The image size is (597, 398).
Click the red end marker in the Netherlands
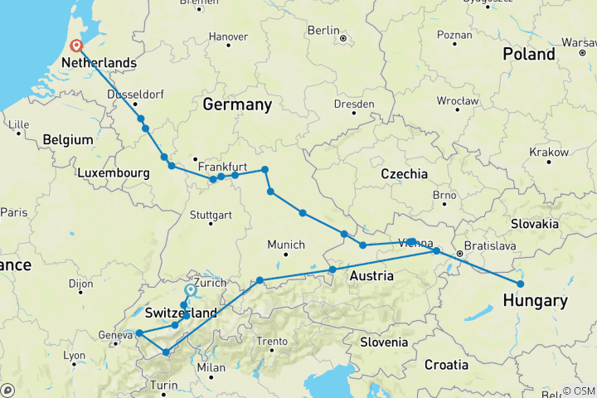(x=76, y=46)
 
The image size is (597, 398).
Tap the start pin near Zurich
(x=191, y=291)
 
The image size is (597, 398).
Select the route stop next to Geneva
(x=138, y=333)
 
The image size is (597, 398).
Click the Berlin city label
(x=324, y=31)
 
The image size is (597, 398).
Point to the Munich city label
(x=286, y=245)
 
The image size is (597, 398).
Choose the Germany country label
(x=237, y=105)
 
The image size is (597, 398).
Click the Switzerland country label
(x=180, y=313)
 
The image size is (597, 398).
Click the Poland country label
(x=528, y=54)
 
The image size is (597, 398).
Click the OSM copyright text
(x=577, y=391)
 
